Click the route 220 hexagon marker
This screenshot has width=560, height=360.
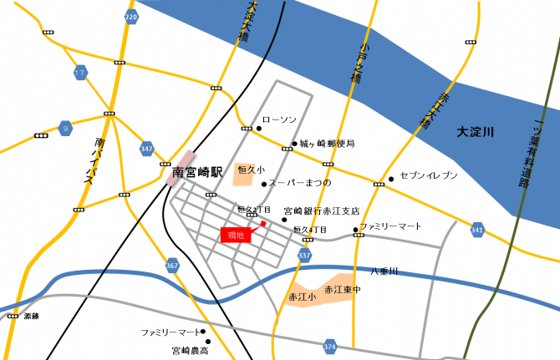(131, 16)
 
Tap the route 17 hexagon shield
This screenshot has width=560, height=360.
(80, 73)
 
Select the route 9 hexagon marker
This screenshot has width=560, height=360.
(65, 129)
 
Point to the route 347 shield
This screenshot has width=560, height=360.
(147, 149)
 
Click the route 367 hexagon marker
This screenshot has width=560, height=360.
(172, 266)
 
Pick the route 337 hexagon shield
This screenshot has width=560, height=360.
(304, 255)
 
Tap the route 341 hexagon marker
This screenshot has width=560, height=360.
(477, 230)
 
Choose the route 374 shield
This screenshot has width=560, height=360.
(330, 347)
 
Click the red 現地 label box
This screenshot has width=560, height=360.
(236, 236)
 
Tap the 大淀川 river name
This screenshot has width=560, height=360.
(475, 132)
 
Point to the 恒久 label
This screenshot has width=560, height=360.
(246, 170)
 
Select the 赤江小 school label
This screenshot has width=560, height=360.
(302, 297)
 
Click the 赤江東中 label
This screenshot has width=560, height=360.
(340, 289)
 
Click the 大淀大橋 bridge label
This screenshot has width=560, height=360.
(247, 21)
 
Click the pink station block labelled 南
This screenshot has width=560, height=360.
(179, 170)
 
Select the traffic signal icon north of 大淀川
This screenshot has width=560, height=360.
(471, 42)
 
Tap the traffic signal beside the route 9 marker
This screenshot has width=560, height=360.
(41, 134)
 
